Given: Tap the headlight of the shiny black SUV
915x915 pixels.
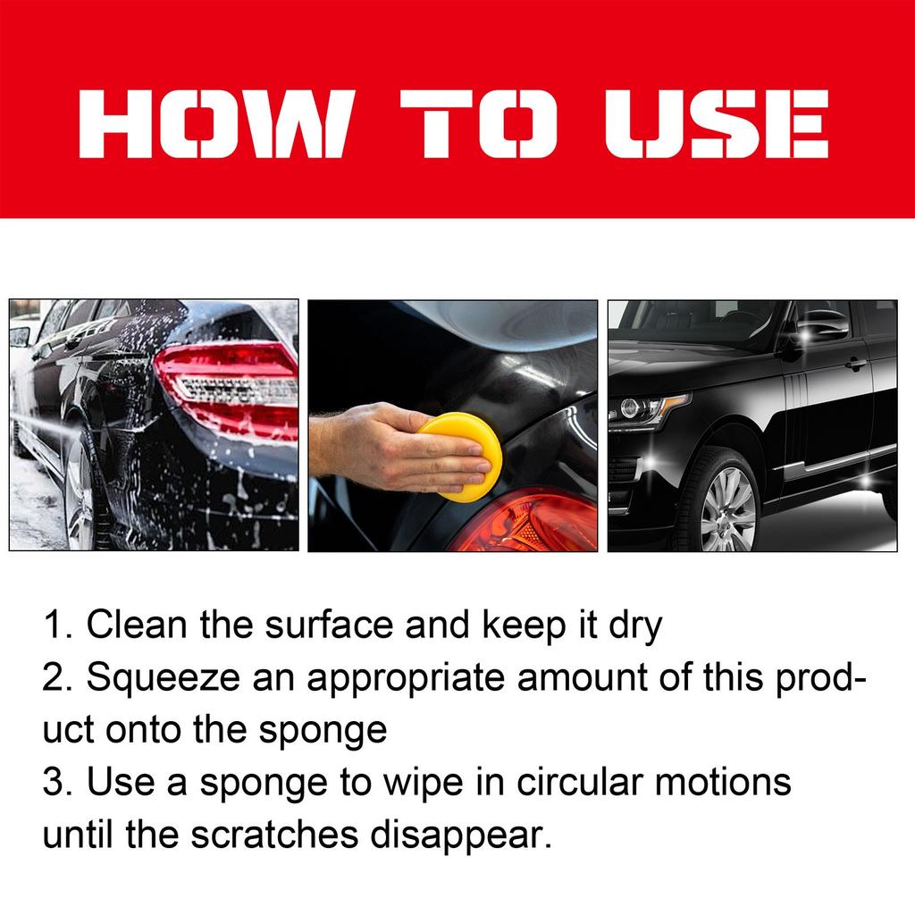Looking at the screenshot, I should click(645, 409).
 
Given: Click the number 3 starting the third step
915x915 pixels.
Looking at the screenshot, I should click(52, 783).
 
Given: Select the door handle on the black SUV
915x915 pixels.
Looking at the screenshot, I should click(855, 365).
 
